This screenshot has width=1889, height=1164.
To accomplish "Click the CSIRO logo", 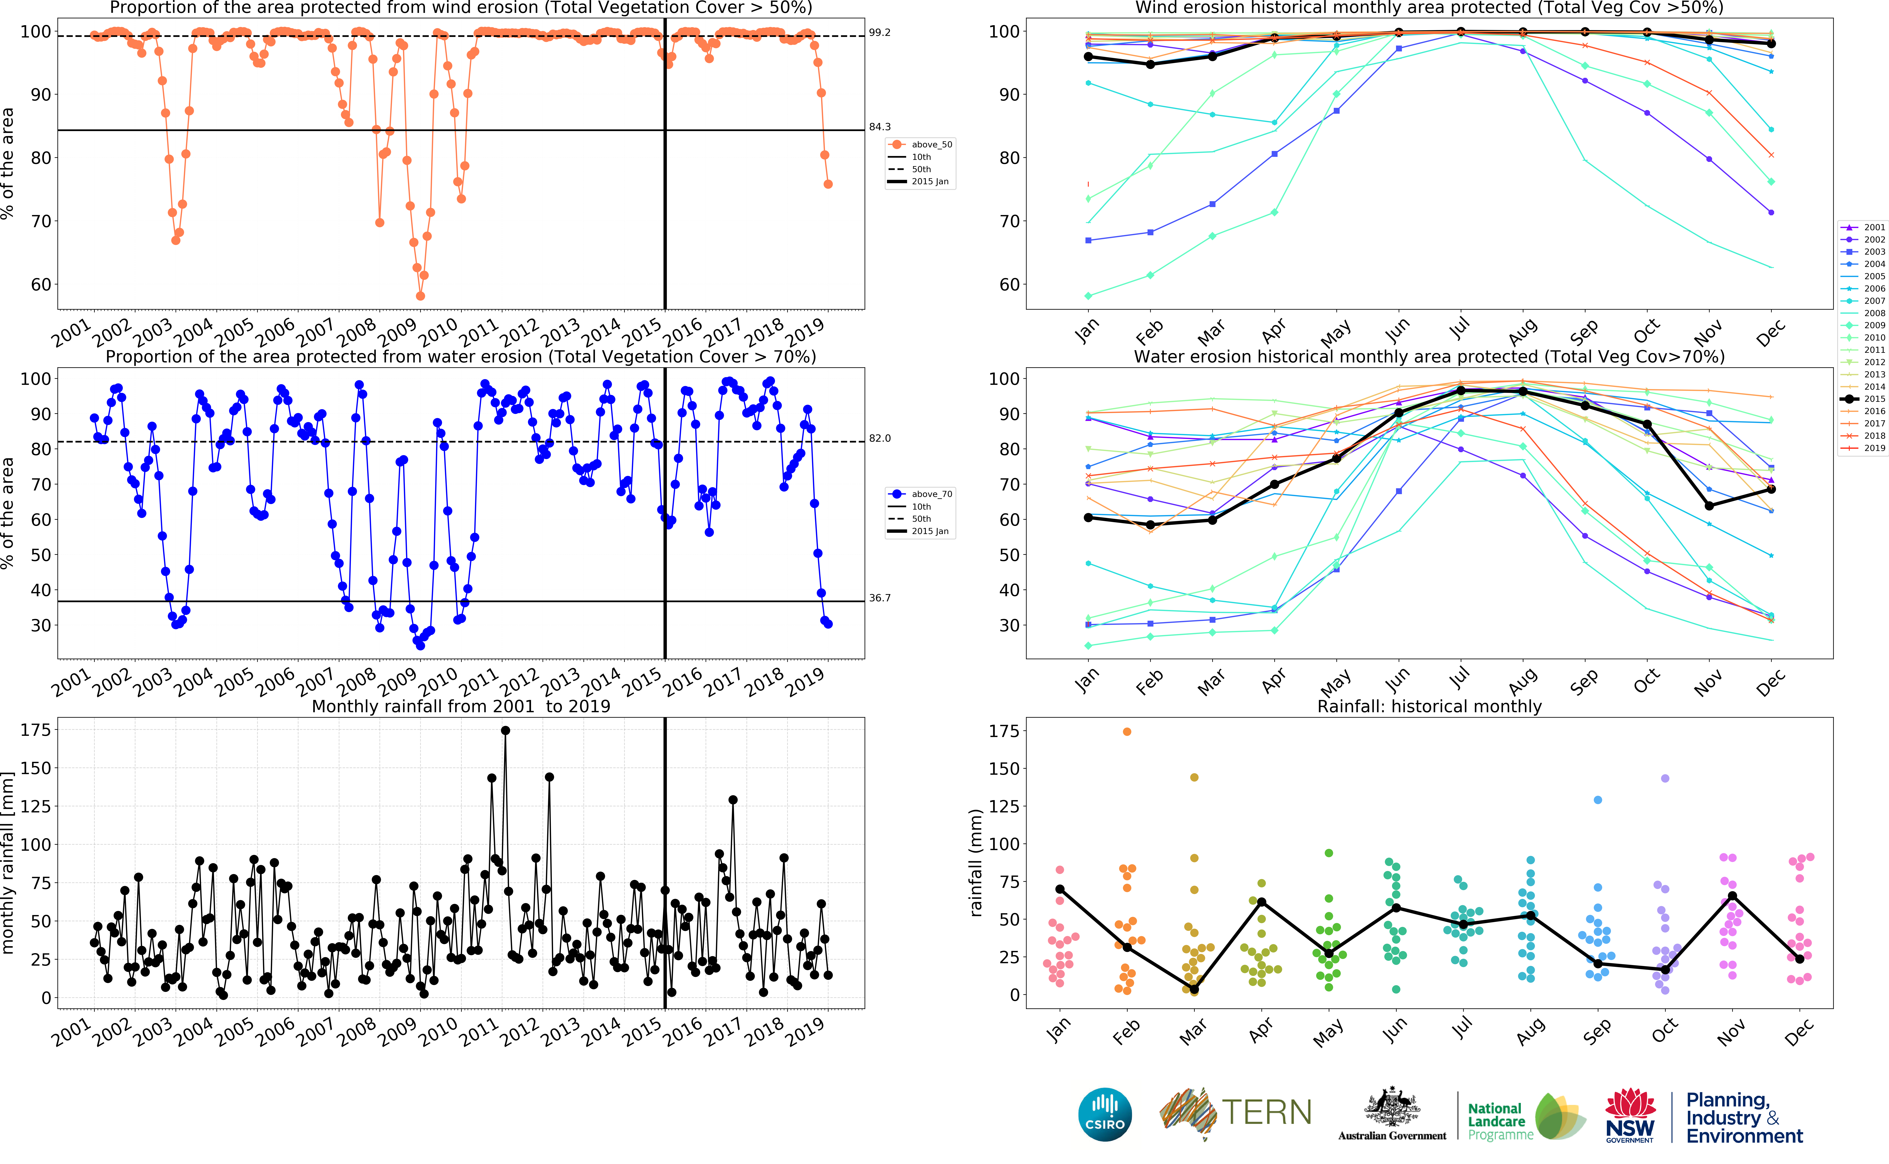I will click(x=1105, y=1114).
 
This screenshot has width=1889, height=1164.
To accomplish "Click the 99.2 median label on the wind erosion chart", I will click(x=880, y=32).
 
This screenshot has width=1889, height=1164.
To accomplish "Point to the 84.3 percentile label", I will click(x=880, y=127).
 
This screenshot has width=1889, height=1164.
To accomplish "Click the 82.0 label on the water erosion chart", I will click(x=880, y=438).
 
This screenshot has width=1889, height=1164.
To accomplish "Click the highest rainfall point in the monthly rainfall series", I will click(x=505, y=731).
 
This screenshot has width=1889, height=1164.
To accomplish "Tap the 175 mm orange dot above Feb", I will click(x=1126, y=731).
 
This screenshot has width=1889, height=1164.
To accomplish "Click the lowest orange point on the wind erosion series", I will click(x=420, y=296).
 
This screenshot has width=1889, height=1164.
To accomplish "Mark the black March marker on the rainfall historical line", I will click(x=1193, y=989).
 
